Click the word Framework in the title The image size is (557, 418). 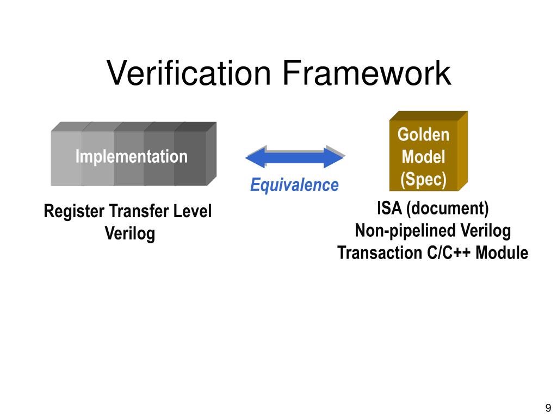click(x=365, y=73)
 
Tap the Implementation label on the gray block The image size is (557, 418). click(x=131, y=157)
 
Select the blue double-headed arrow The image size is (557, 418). click(x=295, y=157)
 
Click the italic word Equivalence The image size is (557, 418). click(x=294, y=185)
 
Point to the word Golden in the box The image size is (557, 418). click(x=423, y=134)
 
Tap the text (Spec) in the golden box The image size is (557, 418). click(x=423, y=179)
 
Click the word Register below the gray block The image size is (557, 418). click(x=74, y=212)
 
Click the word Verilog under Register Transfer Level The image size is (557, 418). click(x=129, y=234)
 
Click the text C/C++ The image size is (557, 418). click(x=444, y=253)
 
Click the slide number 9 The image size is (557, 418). click(x=547, y=408)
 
